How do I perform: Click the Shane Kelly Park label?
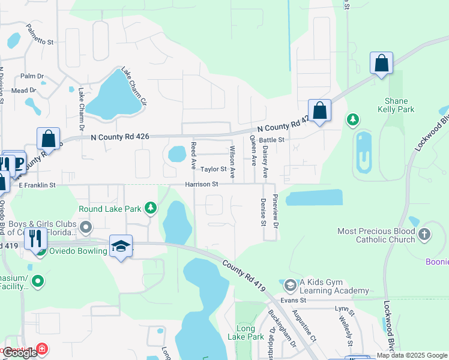[x=397, y=106]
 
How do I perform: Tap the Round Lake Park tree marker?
[x=151, y=209]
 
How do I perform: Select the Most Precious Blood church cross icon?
[x=424, y=235]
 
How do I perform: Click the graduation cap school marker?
[x=121, y=247]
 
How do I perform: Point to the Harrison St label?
[x=201, y=185]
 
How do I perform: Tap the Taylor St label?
[x=213, y=170]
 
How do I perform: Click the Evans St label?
[x=295, y=299]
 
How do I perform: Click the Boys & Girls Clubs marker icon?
[x=86, y=227]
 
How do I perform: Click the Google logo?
[x=20, y=353]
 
